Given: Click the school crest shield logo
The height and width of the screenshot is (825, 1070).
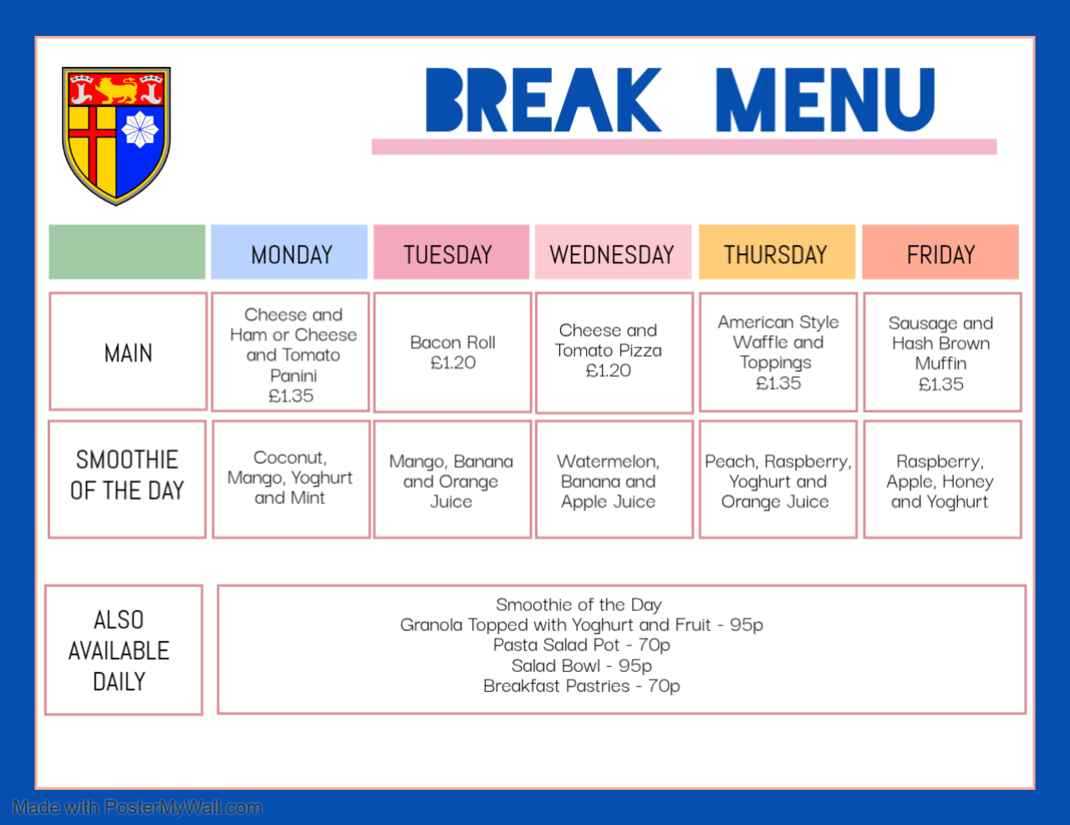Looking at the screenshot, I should click(x=116, y=135).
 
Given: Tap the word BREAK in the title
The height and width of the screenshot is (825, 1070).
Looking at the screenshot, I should click(x=543, y=100).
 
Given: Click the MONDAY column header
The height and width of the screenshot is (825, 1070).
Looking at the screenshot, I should click(x=291, y=254).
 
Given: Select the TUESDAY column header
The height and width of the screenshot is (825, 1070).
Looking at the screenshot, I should click(x=449, y=254).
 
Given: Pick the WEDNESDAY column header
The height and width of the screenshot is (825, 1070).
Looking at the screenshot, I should click(x=612, y=254).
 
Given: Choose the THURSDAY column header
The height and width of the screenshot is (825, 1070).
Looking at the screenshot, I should click(x=776, y=254).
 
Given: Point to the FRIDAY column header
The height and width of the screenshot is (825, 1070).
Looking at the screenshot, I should click(x=940, y=254).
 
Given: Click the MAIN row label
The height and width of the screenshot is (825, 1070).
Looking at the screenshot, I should click(x=128, y=353).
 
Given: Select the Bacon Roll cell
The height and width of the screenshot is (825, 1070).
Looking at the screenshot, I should click(x=452, y=352).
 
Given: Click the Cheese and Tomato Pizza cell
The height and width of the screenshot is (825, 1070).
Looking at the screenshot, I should click(x=609, y=351).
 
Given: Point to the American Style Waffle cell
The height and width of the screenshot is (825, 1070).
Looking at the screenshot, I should click(x=777, y=352).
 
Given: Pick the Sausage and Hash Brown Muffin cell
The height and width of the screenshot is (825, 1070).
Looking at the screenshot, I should click(x=940, y=353).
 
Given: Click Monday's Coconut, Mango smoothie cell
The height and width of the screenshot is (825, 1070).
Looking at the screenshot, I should click(x=290, y=477).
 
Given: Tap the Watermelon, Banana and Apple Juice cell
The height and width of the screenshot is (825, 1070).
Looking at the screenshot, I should click(x=609, y=481).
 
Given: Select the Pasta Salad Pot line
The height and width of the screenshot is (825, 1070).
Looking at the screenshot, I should click(x=581, y=644).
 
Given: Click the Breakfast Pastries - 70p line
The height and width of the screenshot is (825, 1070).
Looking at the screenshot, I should click(x=581, y=685).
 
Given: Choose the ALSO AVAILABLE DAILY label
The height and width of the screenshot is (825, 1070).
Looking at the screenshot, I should click(x=119, y=650).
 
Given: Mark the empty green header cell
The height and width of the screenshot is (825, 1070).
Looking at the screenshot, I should click(x=127, y=252).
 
